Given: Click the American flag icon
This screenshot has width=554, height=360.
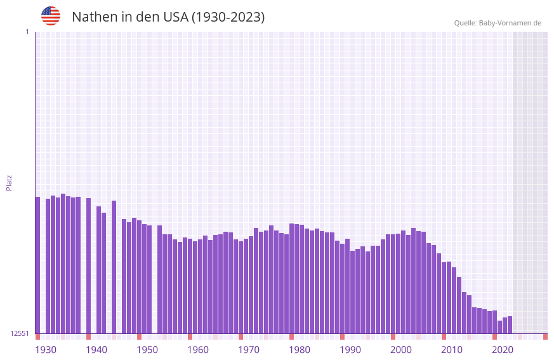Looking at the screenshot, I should (x=51, y=16).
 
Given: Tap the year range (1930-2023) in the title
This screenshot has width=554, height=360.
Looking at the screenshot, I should (x=228, y=17).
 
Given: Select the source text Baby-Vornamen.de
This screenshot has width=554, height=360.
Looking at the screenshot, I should (x=510, y=23).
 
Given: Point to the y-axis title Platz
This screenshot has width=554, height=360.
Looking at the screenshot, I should (x=9, y=182).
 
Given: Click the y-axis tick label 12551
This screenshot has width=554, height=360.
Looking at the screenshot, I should (x=20, y=333).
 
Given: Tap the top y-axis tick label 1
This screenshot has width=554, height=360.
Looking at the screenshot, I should (x=27, y=32).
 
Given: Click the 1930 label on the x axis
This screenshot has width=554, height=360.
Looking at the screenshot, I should (x=46, y=350).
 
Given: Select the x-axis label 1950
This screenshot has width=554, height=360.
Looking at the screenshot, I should (x=147, y=350).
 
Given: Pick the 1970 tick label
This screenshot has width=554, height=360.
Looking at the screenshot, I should (x=249, y=350).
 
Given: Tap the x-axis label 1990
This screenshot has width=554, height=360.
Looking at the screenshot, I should (x=350, y=350).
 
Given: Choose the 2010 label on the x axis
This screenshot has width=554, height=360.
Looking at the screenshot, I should (x=452, y=350).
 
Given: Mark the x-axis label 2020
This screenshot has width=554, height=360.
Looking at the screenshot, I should (x=503, y=350).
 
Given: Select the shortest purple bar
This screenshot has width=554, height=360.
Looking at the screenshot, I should (x=499, y=327).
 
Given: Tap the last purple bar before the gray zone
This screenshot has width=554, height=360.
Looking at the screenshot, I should (x=510, y=324).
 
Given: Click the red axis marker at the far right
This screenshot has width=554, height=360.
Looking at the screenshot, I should (x=545, y=337).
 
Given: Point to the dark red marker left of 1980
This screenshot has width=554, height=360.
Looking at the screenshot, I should (x=291, y=337).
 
